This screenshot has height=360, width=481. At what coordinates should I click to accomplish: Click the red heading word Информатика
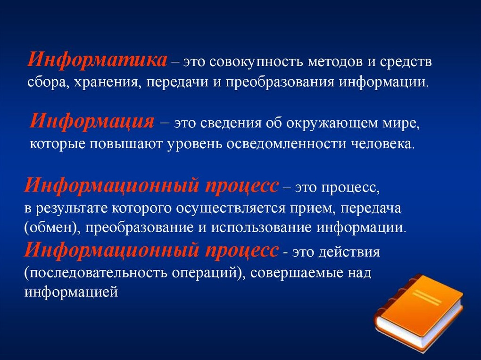pyautogui.click(x=98, y=60)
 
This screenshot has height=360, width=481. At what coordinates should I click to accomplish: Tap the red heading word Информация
pyautogui.click(x=92, y=121)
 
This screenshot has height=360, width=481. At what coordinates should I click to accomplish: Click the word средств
pyautogui.click(x=406, y=62)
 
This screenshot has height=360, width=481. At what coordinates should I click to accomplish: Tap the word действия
pyautogui.click(x=349, y=252)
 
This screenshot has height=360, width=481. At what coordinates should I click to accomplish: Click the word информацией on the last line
pyautogui.click(x=71, y=293)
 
